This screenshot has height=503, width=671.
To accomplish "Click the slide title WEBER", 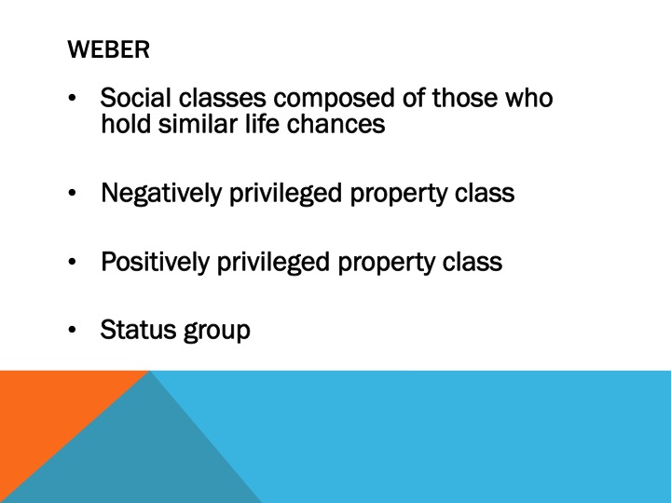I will [108, 50].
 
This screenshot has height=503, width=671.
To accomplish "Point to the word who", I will [528, 98].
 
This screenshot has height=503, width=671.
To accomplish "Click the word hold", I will [123, 123].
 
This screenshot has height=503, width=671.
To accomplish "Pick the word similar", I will [189, 123].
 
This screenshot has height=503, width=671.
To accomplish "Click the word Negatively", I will [161, 194].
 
